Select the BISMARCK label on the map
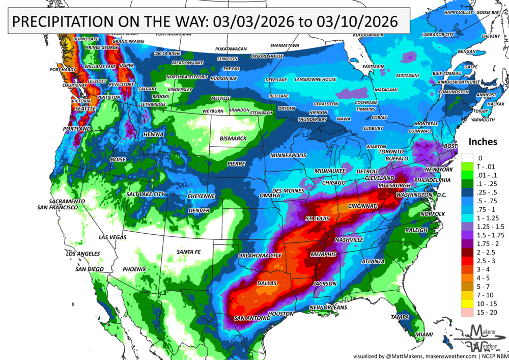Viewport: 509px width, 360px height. pos(233,139)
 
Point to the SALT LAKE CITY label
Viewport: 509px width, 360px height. pos(146,195)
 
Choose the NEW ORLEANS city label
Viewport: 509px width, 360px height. pos(328,308)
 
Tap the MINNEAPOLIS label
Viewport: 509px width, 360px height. pos(288,155)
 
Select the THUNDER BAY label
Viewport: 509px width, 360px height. pos(312,119)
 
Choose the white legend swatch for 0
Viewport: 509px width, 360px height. pos(467,158)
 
